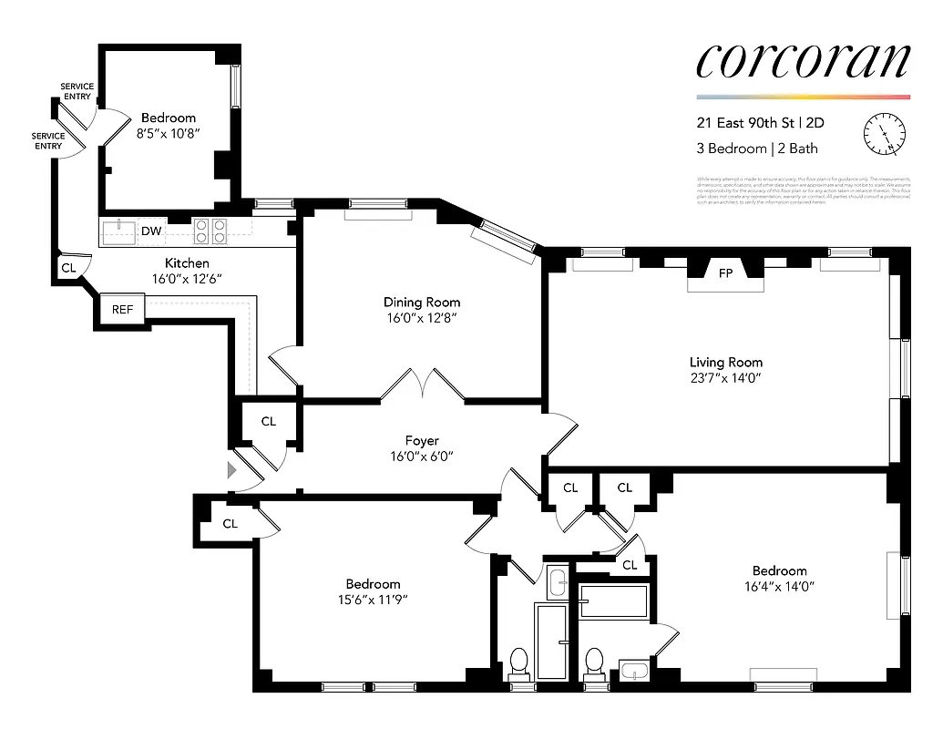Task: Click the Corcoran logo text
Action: (x=803, y=62)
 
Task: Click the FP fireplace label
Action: (x=726, y=273)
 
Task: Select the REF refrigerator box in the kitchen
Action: (x=122, y=310)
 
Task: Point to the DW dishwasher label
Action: (x=151, y=231)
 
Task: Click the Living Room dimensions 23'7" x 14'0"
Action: (x=725, y=377)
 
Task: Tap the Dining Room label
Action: (x=421, y=303)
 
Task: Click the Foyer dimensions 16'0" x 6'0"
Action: (x=421, y=457)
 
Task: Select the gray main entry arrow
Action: (x=231, y=469)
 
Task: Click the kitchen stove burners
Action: (x=210, y=231)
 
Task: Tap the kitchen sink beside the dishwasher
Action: (x=118, y=231)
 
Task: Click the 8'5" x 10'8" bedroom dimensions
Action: (x=168, y=133)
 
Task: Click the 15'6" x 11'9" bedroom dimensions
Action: (x=373, y=600)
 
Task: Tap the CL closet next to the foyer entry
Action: (x=268, y=422)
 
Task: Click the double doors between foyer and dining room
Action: (x=423, y=384)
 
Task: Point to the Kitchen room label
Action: (x=188, y=263)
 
